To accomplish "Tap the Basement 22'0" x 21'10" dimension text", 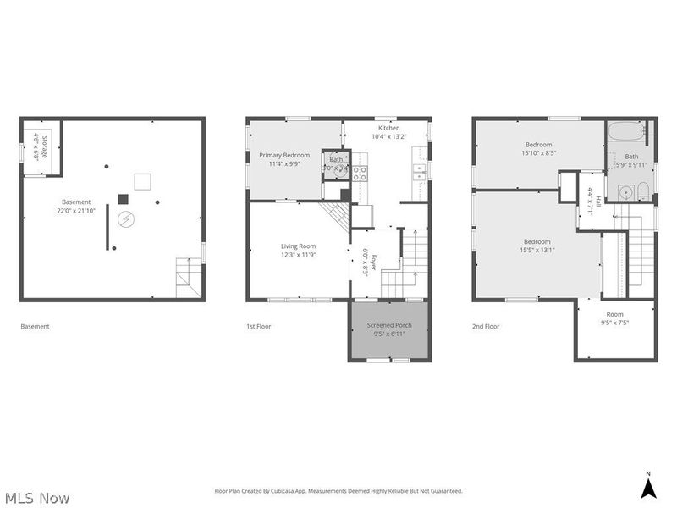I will point(77,206).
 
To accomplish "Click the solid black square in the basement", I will point(123,199).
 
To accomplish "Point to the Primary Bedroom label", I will point(283,159).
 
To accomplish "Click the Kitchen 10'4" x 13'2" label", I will point(388,132).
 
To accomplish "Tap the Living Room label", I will point(298,250).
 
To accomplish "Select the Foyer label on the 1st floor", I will point(365,262).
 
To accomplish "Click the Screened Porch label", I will point(389,329).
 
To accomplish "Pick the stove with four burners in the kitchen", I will point(359,173).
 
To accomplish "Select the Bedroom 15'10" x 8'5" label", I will point(538,149).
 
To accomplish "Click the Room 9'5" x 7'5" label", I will point(615,318).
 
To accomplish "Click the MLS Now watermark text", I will point(37,498).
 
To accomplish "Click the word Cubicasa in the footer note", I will point(311,491).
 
